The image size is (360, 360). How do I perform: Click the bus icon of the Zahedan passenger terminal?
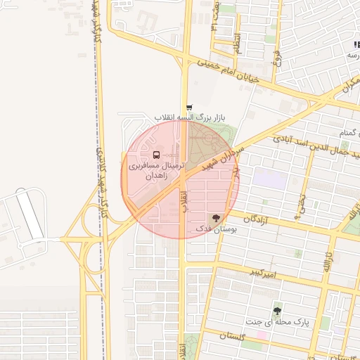click(x=156, y=154)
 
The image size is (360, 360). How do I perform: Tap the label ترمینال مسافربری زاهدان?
click(x=156, y=169)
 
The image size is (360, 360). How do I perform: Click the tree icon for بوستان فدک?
click(x=216, y=218)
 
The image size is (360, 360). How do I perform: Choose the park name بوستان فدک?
click(x=219, y=229)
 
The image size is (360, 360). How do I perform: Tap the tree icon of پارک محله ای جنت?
click(x=278, y=310)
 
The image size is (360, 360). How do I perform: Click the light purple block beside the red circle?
click(x=270, y=178)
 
